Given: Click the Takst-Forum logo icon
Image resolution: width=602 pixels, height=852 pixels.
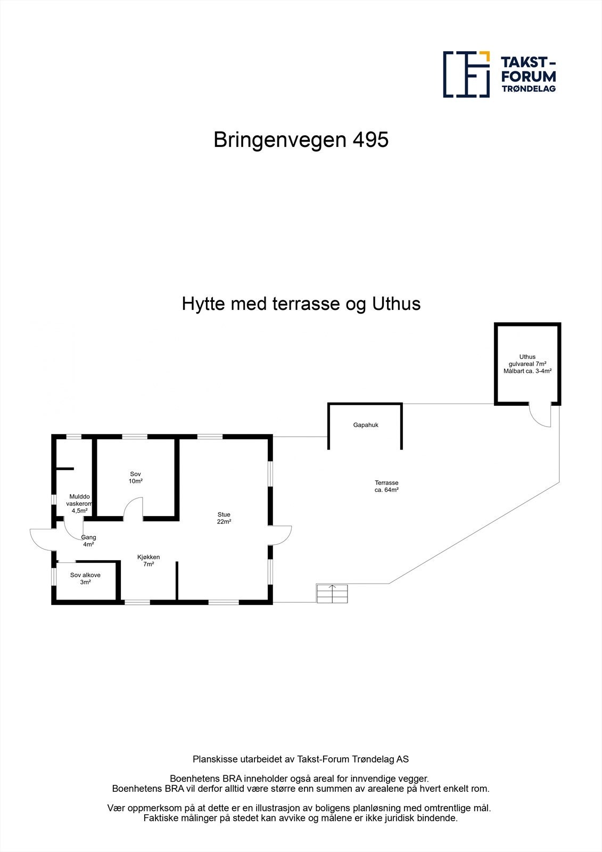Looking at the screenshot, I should (466, 75).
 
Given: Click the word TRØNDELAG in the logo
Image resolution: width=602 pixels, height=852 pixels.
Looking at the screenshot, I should (529, 89).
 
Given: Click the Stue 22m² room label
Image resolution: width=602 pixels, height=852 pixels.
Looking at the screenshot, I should (224, 518).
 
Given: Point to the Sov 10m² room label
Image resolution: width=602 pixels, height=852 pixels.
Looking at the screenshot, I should (136, 478).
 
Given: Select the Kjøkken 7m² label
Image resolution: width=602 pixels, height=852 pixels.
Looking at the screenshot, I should (149, 560).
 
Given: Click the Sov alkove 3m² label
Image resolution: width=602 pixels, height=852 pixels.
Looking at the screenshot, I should (85, 578).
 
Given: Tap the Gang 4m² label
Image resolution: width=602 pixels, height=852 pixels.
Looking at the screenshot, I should (88, 540).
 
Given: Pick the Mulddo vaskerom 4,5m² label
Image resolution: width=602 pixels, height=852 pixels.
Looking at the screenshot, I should (79, 503).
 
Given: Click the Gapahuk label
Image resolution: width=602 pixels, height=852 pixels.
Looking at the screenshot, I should (366, 425).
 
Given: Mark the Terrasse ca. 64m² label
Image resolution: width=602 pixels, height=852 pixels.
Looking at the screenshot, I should (386, 486).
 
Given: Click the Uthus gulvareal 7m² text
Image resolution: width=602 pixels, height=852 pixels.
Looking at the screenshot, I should (527, 364).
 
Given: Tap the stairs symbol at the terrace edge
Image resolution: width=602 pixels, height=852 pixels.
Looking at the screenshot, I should (332, 593).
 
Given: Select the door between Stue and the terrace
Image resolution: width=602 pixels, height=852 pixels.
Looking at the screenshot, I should (281, 535).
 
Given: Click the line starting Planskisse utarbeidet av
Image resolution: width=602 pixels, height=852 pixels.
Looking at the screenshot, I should (301, 759).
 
